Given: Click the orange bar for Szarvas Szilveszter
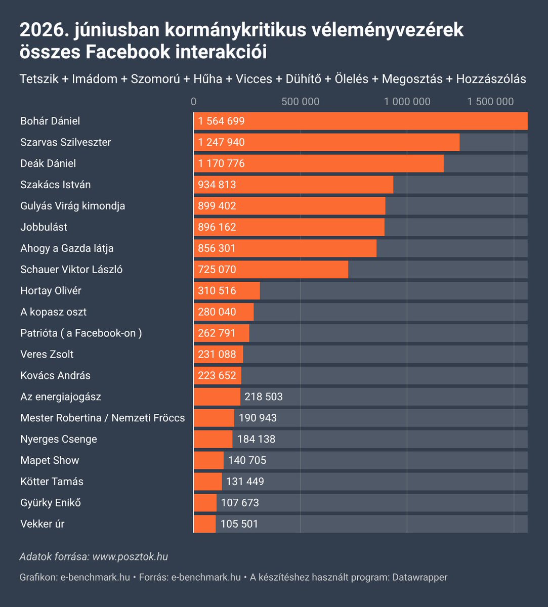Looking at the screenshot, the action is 327,142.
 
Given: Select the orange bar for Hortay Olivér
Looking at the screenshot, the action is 227,290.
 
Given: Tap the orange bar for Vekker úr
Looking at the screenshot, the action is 204,524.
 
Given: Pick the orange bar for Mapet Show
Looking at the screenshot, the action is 209,460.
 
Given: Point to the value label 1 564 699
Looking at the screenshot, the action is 221,121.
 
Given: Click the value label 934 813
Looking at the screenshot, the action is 217,185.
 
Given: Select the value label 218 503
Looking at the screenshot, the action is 264,397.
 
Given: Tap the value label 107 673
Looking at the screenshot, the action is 240,503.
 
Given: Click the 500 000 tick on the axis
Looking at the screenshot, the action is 301,102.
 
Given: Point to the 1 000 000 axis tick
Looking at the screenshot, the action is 407,102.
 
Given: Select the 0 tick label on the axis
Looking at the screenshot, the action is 193,102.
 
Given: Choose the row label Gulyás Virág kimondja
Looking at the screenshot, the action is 73,206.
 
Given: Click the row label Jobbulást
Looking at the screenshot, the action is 44,227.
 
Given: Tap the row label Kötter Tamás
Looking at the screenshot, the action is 52,482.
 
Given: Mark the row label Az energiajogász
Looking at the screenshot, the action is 61,397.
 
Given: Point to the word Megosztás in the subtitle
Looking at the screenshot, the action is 412,79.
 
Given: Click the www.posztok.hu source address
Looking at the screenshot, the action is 130,557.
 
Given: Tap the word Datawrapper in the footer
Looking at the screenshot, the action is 419,577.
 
